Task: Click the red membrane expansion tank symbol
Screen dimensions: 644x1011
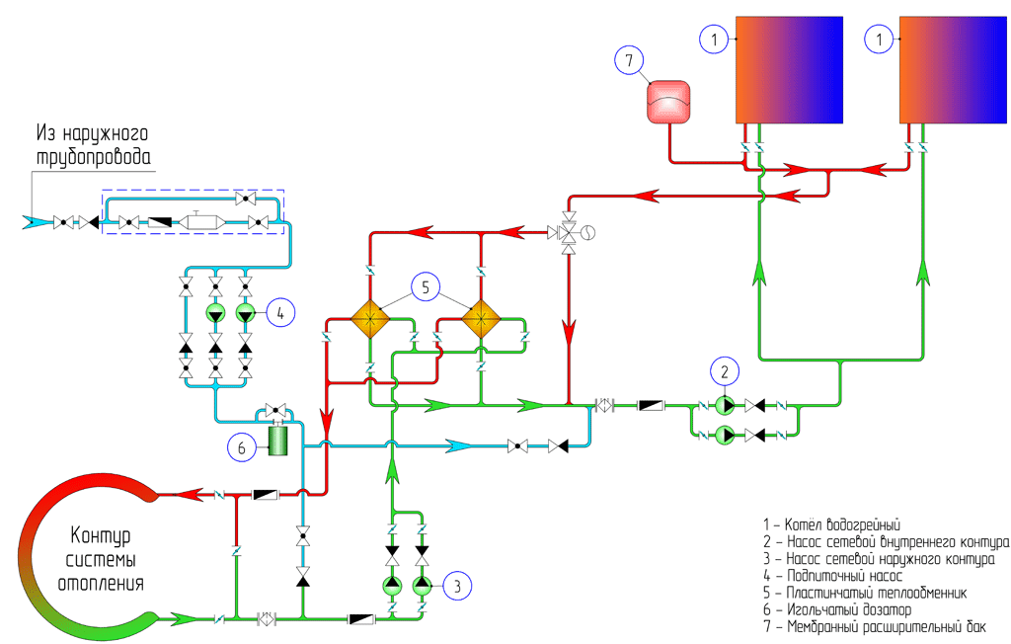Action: click(x=668, y=103)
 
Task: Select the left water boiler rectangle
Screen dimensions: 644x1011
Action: click(x=787, y=69)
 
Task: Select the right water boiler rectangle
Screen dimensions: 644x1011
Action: click(x=953, y=69)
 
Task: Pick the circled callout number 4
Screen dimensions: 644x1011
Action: click(x=280, y=313)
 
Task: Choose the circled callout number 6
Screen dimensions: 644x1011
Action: click(x=241, y=446)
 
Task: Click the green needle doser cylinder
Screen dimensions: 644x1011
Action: click(x=277, y=439)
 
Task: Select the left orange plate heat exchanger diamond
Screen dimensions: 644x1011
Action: click(x=369, y=317)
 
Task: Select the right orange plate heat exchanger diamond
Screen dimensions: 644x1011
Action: click(x=481, y=317)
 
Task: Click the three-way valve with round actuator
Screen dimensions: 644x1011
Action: click(x=569, y=234)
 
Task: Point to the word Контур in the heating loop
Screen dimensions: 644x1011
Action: click(x=101, y=537)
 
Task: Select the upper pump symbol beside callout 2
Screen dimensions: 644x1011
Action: click(x=725, y=405)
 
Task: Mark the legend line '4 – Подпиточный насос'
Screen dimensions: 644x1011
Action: click(x=832, y=575)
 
